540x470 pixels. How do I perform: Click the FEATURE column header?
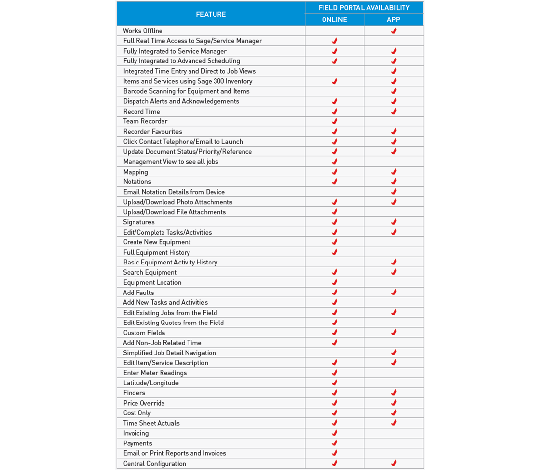tap(211, 14)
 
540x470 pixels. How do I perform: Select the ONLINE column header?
tap(334, 20)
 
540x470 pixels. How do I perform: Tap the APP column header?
tap(393, 20)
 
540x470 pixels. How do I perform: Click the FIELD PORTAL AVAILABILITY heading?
tap(364, 7)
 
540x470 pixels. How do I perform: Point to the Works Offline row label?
tap(142, 31)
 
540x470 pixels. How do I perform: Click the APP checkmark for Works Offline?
tap(394, 31)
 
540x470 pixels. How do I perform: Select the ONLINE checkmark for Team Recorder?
tap(335, 121)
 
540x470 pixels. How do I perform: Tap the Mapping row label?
tap(135, 172)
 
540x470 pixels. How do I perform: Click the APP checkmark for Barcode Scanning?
tap(394, 91)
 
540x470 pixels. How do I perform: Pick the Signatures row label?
tap(138, 222)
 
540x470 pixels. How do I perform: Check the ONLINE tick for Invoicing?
tap(335, 433)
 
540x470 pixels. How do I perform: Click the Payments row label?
tap(137, 443)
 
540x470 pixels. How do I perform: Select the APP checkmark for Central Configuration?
tap(394, 463)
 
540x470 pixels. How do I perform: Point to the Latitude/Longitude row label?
tap(151, 383)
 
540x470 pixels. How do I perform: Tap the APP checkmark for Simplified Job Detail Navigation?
tap(394, 353)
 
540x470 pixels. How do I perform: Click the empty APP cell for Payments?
tap(393, 443)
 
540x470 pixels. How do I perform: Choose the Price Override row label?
tap(144, 403)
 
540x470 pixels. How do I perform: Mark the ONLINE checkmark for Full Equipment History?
tap(335, 252)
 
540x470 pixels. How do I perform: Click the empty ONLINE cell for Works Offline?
tap(334, 31)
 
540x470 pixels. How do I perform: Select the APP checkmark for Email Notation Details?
tap(394, 192)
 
